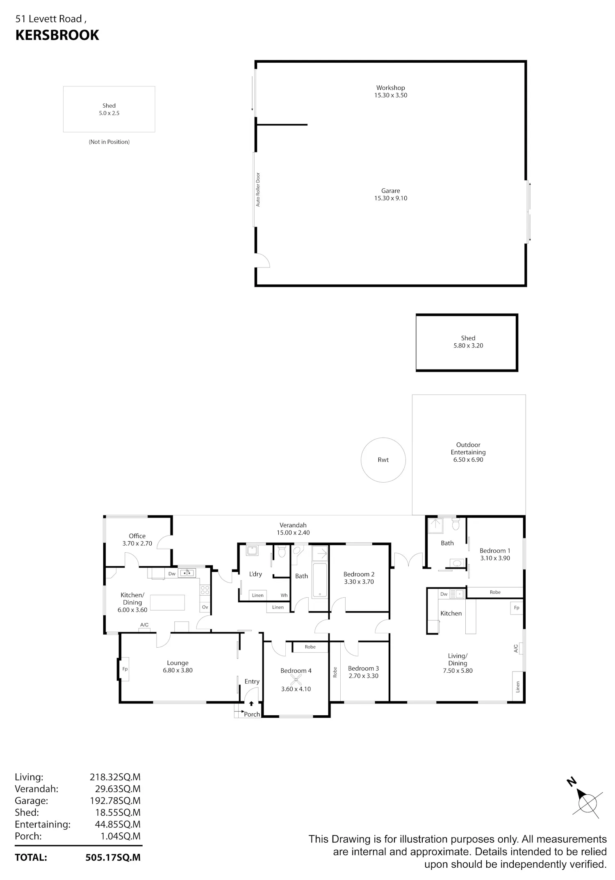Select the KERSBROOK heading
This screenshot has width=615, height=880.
(x=57, y=35)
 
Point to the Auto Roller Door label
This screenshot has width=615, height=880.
(x=258, y=189)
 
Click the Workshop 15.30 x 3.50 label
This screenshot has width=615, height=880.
(x=390, y=91)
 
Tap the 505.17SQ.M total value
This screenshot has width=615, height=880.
(x=113, y=857)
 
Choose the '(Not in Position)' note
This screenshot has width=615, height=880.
(x=109, y=142)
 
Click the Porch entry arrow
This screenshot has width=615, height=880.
(x=251, y=703)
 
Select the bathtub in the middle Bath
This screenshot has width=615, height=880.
(x=320, y=581)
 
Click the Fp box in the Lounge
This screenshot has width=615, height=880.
(x=125, y=669)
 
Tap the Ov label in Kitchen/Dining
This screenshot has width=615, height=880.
(x=205, y=607)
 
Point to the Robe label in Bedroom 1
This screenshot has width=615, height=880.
(x=495, y=592)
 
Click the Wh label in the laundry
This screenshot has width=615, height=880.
(x=284, y=595)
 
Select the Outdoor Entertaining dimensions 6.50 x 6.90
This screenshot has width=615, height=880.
(x=468, y=460)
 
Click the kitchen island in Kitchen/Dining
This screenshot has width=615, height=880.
(x=167, y=603)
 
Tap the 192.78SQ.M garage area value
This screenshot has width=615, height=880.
(x=115, y=801)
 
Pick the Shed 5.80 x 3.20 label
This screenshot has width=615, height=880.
(x=468, y=342)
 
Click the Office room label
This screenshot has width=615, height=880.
(x=137, y=536)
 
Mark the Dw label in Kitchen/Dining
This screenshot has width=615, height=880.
(x=172, y=574)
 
